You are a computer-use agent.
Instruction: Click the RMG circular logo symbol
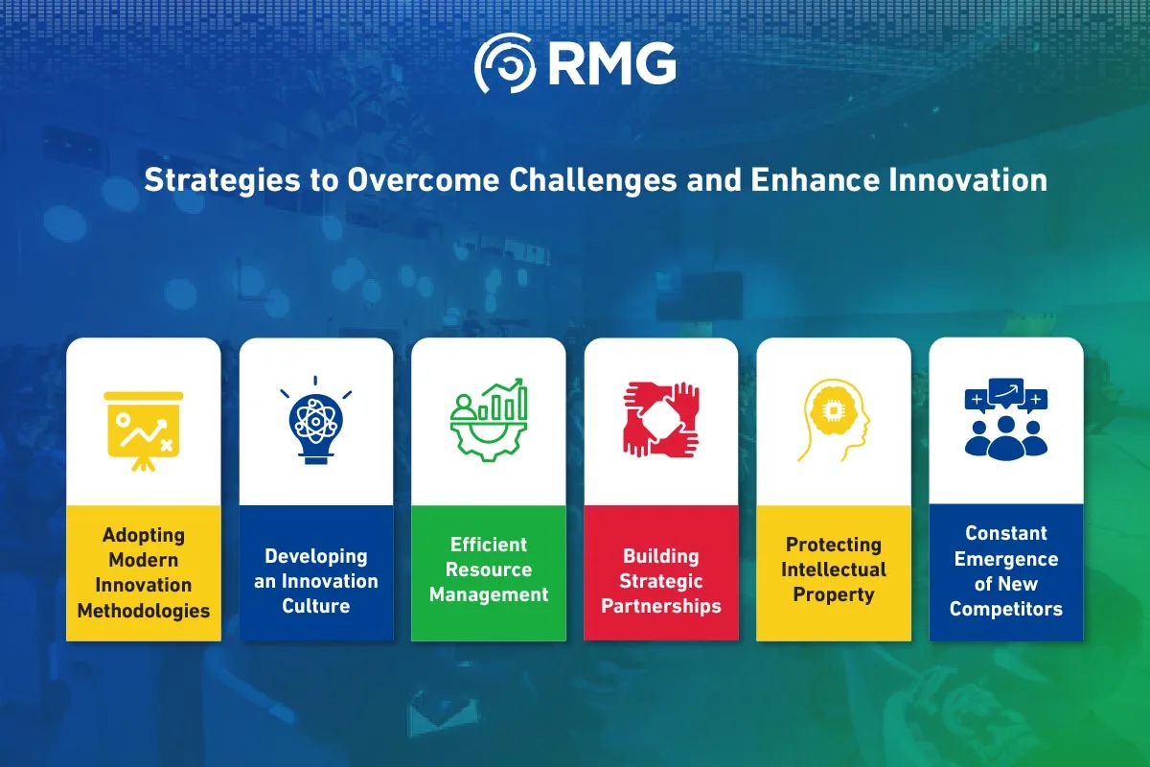tap(505, 63)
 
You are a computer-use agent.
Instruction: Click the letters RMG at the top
tap(612, 63)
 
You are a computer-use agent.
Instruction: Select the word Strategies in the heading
tap(221, 181)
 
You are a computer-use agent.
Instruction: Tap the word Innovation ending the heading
tap(968, 180)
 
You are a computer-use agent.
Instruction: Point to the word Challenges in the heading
tap(593, 181)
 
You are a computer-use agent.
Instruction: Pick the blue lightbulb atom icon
tap(315, 420)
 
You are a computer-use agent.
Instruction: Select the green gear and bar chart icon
tap(489, 420)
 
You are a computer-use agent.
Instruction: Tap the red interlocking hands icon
tap(661, 420)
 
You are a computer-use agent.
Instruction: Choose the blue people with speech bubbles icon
tap(1006, 419)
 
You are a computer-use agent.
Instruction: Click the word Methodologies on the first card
tap(144, 611)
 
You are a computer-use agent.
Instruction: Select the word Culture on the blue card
tap(315, 606)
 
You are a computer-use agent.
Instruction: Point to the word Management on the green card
tap(489, 594)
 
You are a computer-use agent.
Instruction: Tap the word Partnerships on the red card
tap(661, 606)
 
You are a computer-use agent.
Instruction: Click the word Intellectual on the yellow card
tap(834, 569)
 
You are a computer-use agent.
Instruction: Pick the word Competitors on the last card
tap(1006, 609)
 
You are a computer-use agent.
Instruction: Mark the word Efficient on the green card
tap(489, 545)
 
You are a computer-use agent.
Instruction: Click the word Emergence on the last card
tap(1006, 559)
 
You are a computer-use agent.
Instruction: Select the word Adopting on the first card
tap(144, 535)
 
